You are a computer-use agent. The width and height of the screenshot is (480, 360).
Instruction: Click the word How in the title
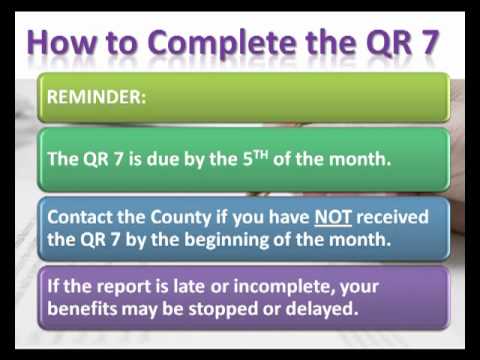coord(64,44)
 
